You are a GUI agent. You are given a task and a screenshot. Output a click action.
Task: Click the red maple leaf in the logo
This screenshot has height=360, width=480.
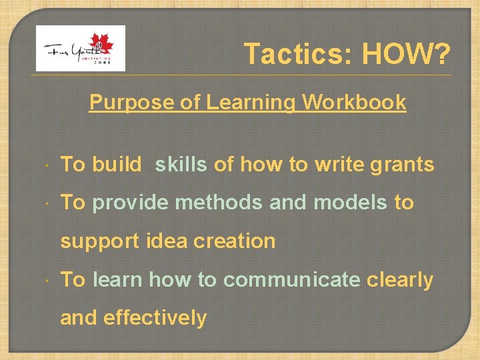[103, 44]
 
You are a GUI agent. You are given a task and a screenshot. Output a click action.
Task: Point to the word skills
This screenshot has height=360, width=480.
[181, 165]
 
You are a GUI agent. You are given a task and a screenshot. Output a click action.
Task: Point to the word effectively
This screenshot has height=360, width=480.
[155, 318]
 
